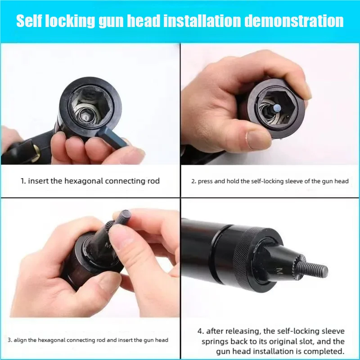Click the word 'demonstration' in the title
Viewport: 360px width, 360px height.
point(294,21)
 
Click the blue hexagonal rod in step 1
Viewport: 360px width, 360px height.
point(112,139)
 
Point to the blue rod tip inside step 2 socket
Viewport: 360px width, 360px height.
point(278,107)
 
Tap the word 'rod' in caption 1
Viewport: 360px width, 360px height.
point(153,181)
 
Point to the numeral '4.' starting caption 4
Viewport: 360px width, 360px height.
point(201,331)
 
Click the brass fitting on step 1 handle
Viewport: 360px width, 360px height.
point(36,152)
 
